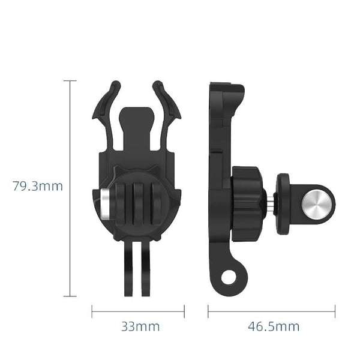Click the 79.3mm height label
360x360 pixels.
[37, 186]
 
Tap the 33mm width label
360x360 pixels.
[140, 327]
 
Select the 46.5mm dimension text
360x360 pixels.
[274, 327]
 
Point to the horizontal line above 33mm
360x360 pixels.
[138, 311]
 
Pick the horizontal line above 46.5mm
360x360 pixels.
[271, 311]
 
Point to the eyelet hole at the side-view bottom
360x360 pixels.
[228, 277]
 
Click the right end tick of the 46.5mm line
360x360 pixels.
[335, 311]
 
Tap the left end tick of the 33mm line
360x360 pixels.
[92, 311]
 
